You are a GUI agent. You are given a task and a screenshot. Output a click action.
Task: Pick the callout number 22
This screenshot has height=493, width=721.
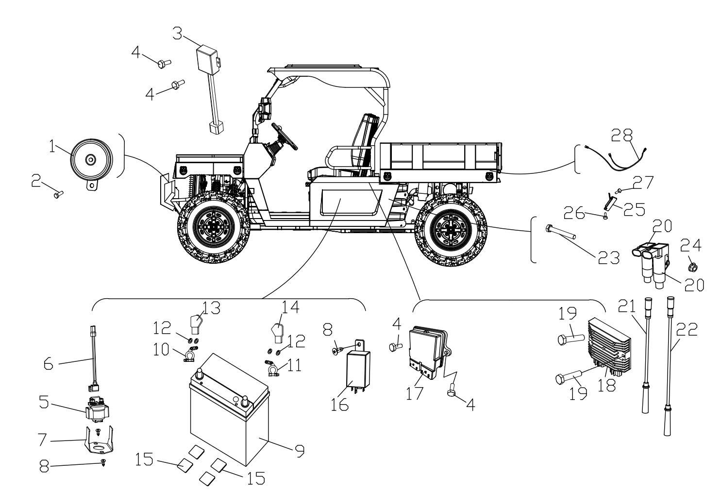686,331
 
